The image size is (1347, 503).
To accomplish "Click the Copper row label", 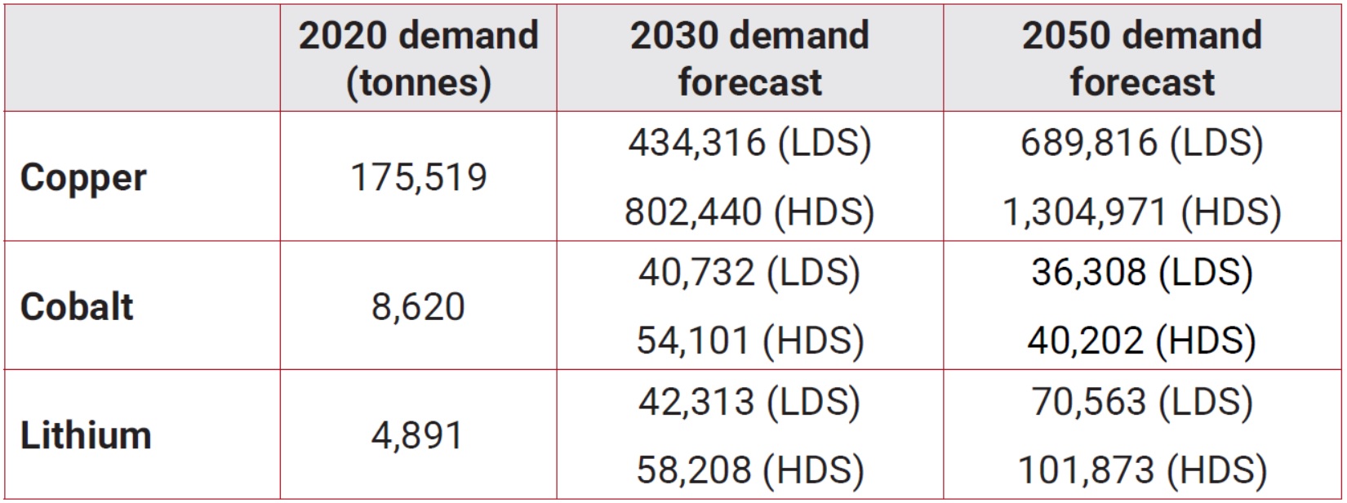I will [x=83, y=178].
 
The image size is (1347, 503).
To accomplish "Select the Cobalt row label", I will [x=77, y=307].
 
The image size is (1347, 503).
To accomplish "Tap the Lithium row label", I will [x=86, y=435].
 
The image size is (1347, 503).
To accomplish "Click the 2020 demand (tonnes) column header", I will [x=418, y=59].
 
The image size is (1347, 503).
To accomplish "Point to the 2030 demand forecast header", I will [x=749, y=59].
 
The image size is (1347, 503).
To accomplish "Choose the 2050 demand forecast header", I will [x=1142, y=59].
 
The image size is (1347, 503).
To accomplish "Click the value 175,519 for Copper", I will [x=418, y=177].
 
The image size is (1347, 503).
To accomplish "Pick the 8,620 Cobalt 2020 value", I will [x=418, y=307].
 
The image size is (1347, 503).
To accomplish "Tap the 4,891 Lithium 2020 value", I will [x=418, y=435].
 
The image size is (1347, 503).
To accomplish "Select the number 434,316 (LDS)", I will [x=749, y=143].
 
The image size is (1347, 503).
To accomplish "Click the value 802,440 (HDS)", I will [x=749, y=211].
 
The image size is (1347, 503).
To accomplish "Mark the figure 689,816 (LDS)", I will [x=1142, y=143].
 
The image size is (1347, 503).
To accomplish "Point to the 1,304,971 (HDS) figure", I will [x=1142, y=211].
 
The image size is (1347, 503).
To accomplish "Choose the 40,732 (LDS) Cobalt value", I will [x=749, y=272].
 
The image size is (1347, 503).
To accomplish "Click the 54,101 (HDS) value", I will [x=749, y=341].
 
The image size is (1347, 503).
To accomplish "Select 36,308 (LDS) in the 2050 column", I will [x=1142, y=272].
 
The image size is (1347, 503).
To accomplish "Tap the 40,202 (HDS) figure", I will [x=1142, y=341].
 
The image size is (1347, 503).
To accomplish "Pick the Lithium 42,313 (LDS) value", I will [x=749, y=402].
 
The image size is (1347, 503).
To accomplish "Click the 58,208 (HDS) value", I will [x=749, y=470].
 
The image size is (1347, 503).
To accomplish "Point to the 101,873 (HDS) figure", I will [x=1142, y=470].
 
